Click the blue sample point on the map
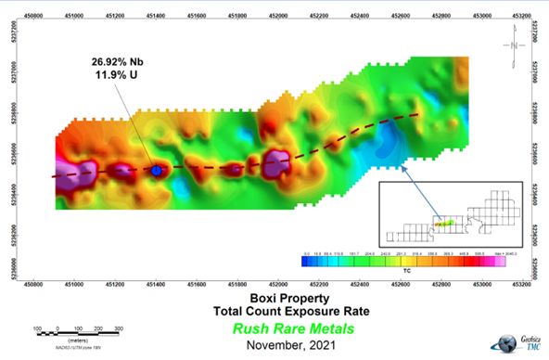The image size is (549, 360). click(x=157, y=170)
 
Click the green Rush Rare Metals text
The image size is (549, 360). click(x=274, y=328)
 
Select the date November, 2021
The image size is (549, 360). click(x=274, y=345)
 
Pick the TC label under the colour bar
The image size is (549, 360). click(x=406, y=269)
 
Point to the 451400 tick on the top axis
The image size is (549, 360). click(x=157, y=16)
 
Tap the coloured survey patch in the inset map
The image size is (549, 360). click(x=444, y=224)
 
